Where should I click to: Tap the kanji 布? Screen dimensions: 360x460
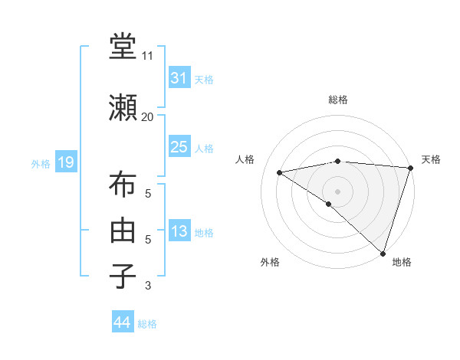pos(123,186)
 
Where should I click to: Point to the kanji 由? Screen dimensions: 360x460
pos(123,230)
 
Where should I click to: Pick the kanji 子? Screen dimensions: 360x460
pos(123,273)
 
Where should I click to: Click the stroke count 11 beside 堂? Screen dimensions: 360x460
pos(148,56)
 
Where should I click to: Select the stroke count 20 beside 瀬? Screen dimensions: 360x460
pos(148,116)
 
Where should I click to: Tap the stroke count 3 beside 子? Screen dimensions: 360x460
pos(148,286)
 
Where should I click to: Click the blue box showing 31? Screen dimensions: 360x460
pos(179,78)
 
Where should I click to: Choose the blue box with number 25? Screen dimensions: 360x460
pos(179,147)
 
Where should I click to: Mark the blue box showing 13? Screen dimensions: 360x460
pos(179,232)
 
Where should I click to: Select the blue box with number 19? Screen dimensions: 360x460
pos(65,162)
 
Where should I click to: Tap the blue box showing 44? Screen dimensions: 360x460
pos(122,322)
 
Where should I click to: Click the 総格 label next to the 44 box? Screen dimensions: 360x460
pos(147,324)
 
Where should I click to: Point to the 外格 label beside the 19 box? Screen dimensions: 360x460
pos(41,163)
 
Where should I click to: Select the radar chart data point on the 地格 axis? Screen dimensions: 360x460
pos(383,254)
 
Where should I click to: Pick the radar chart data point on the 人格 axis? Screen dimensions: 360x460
pos(280,172)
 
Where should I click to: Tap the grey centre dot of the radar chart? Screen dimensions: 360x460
pos(337,191)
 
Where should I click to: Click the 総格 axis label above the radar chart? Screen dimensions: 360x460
pos(337,100)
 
